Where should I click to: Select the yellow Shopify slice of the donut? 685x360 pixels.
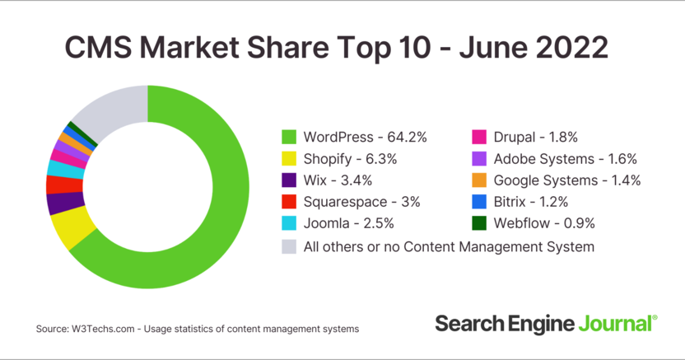click(69, 228)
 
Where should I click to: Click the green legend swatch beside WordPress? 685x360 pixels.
click(289, 137)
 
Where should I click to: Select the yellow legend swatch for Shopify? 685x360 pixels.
click(289, 158)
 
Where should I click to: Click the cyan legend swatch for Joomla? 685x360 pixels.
click(289, 223)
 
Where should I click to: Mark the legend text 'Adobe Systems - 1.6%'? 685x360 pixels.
click(566, 158)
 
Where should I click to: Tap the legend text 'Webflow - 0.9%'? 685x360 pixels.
click(544, 223)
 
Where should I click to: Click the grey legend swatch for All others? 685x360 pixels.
click(289, 245)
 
